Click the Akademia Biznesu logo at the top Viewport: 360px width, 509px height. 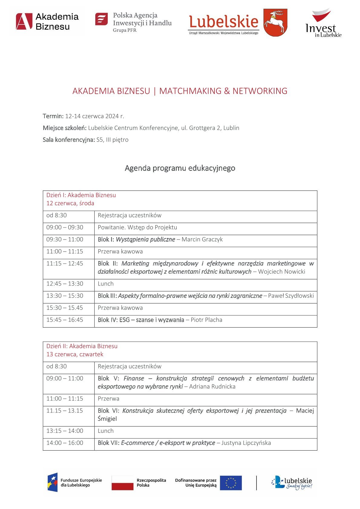47,21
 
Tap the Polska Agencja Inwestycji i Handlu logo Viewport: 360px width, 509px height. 133,22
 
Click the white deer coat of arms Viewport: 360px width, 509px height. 275,22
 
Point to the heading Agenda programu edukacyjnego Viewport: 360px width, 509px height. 180,168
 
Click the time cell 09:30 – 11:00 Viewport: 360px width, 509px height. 65,240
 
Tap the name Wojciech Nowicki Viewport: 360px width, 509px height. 282,272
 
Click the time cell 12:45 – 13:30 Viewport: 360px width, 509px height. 65,284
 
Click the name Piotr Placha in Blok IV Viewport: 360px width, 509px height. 206,320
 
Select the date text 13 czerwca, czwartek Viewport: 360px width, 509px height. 75,354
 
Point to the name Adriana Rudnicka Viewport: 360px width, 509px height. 212,387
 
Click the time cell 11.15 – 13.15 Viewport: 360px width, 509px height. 65,411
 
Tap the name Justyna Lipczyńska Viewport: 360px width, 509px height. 246,443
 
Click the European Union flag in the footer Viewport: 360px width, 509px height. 231,483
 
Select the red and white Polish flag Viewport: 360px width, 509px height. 123,483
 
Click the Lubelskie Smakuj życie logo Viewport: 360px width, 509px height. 292,483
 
